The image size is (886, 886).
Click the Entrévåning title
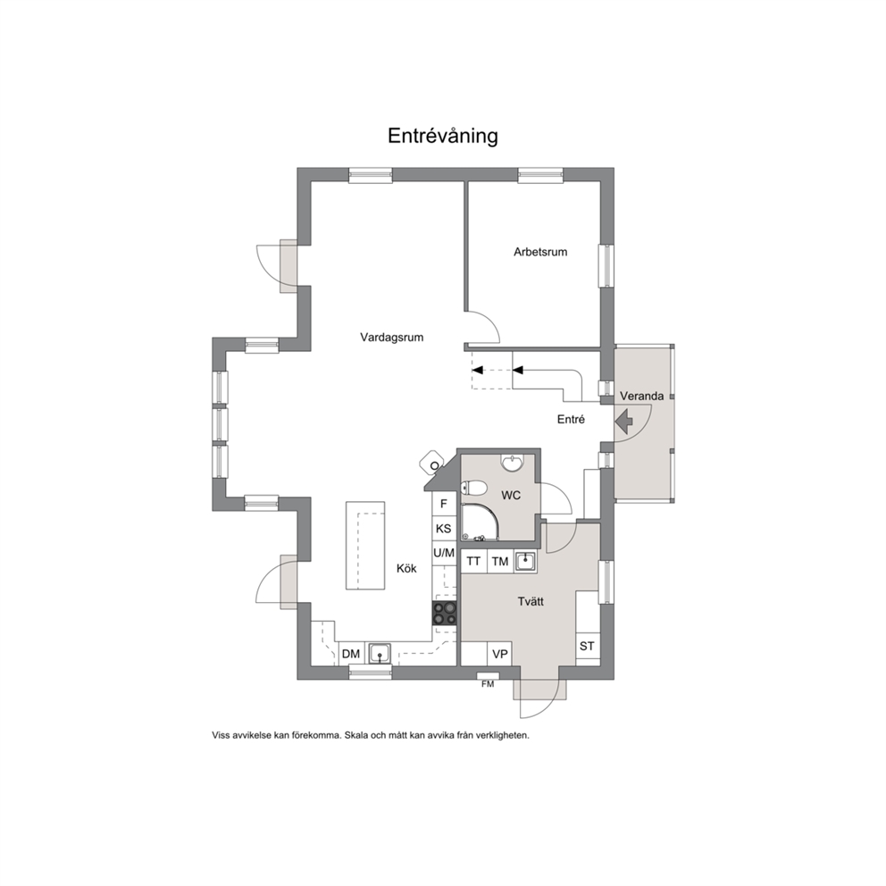[442, 136]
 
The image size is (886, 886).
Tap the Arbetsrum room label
[540, 252]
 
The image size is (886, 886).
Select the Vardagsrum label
[391, 338]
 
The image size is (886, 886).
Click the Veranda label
[641, 396]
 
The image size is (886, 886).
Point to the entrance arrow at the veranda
[623, 421]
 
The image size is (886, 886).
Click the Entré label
[571, 419]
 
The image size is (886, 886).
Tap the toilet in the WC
[473, 487]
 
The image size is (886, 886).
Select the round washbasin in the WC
[513, 463]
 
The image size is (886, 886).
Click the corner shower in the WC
[480, 522]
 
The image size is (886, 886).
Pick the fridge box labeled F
[444, 504]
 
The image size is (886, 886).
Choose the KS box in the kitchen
[444, 529]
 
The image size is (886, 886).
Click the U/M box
[444, 553]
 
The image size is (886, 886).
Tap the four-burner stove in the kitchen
[445, 614]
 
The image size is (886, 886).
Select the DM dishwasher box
[351, 654]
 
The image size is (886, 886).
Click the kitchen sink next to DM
[380, 654]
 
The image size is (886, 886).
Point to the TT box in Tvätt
[473, 561]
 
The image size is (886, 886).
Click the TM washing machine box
[500, 561]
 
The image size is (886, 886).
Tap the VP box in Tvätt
[500, 654]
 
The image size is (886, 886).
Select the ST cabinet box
[587, 646]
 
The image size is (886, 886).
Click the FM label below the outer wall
[488, 684]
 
